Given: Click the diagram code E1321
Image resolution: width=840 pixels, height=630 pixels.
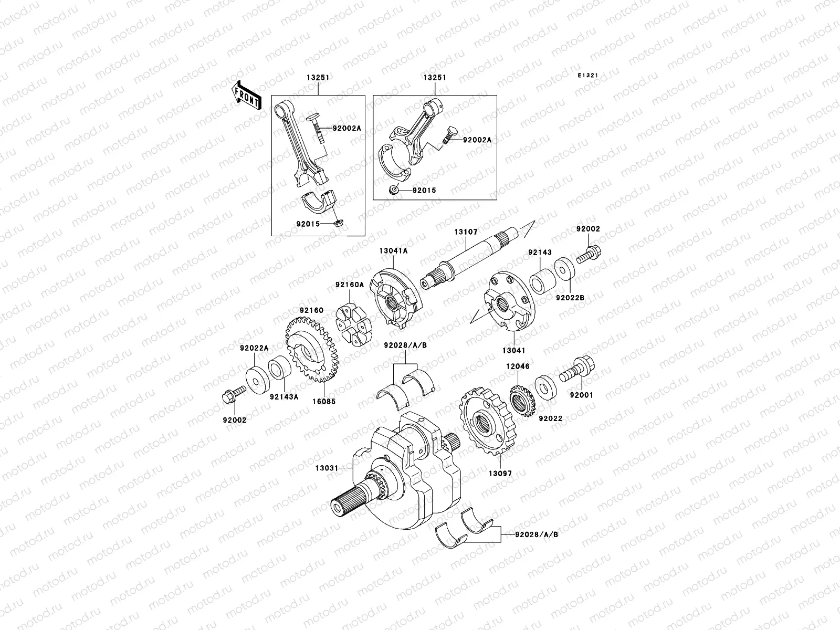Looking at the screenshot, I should tap(588, 76).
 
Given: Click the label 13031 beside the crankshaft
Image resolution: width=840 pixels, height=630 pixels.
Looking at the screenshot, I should tap(326, 467).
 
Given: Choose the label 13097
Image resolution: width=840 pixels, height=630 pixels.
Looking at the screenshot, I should tap(500, 474).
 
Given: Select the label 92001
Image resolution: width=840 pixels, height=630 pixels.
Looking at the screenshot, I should tap(581, 395).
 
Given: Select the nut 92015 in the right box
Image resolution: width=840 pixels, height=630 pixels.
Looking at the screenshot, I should tap(394, 190).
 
